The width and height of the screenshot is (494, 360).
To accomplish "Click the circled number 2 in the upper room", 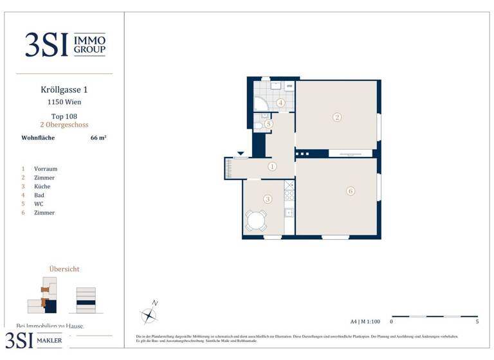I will [x=336, y=117].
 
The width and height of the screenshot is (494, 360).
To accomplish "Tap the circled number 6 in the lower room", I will [x=350, y=191].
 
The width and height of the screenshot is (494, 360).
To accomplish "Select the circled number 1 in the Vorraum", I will [x=272, y=166].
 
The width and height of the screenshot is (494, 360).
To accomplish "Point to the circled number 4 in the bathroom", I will [x=280, y=103].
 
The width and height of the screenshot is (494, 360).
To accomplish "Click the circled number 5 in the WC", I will [x=268, y=123].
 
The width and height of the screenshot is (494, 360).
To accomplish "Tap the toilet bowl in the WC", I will [x=259, y=126].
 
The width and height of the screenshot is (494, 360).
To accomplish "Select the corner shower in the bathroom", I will [x=261, y=104].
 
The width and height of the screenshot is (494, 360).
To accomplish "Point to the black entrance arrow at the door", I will [x=241, y=154].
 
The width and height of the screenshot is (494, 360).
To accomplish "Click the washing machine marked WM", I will [x=289, y=86].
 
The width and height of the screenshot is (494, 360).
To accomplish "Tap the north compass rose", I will [x=149, y=314].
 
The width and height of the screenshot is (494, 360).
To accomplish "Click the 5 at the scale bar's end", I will [x=477, y=321].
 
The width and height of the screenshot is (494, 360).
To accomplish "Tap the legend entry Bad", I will [x=39, y=195].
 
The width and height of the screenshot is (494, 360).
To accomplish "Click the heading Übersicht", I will [x=64, y=269].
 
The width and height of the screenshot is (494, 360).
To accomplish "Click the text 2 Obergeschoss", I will [x=64, y=125].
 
